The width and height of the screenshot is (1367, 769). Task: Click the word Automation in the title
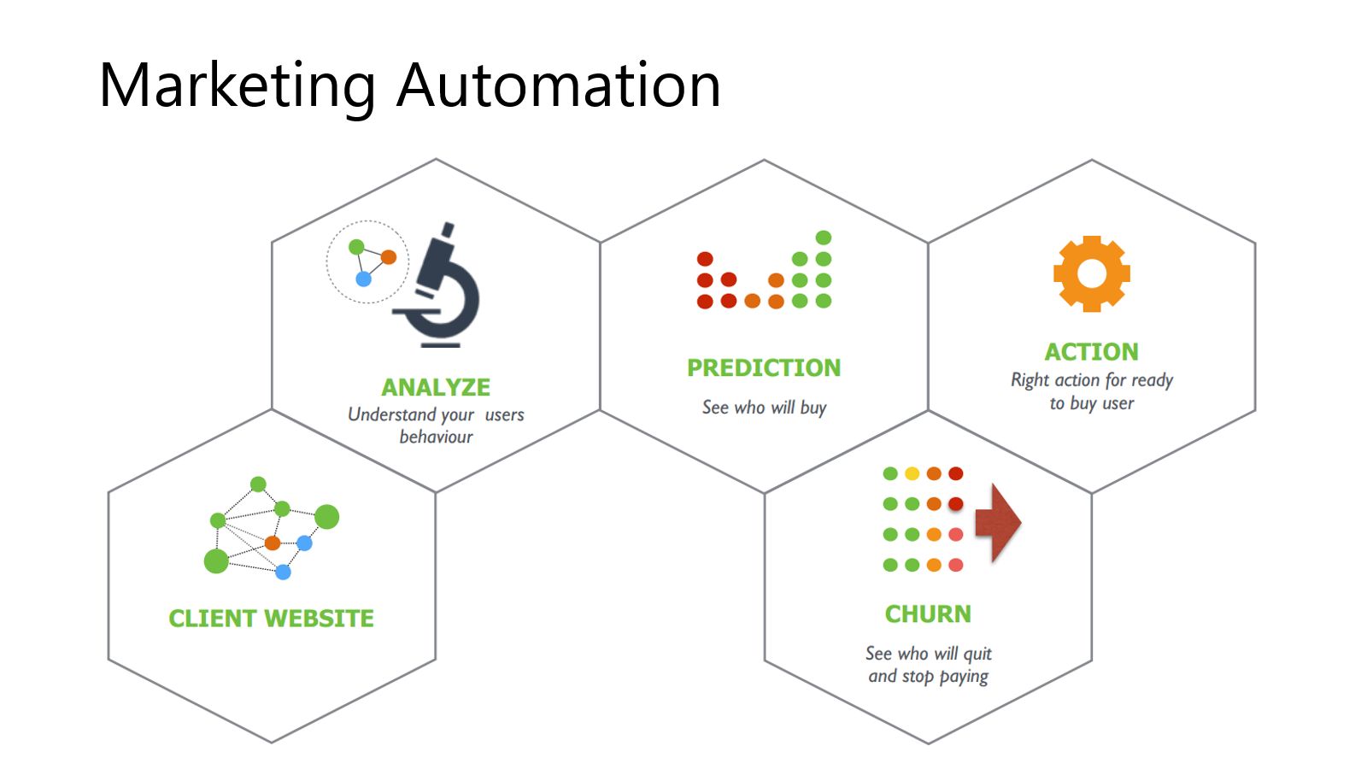tap(559, 86)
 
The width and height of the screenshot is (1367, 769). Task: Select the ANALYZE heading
tap(436, 387)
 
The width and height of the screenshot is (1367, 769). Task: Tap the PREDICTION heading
tap(764, 367)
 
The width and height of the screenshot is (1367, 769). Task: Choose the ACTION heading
tap(1091, 351)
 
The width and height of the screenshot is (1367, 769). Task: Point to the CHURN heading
tap(928, 613)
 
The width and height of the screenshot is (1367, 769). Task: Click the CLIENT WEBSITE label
tap(271, 618)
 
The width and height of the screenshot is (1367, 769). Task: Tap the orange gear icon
tap(1091, 273)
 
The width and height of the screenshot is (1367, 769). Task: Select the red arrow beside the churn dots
tap(997, 522)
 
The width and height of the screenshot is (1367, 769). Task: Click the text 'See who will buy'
tap(764, 408)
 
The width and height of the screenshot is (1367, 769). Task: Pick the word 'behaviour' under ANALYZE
tap(436, 437)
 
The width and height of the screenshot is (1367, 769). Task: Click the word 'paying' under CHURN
tap(964, 677)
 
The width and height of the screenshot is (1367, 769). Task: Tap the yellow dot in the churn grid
tap(912, 473)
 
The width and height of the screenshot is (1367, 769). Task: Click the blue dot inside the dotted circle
tap(363, 279)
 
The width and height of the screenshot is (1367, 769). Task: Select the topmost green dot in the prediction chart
tap(824, 238)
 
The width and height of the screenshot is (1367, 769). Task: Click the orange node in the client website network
tap(273, 543)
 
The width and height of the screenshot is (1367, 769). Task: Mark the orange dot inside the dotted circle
tap(389, 257)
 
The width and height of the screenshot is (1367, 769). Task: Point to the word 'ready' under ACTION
tap(1152, 380)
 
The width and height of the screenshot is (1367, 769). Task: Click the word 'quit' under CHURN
tap(977, 655)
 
